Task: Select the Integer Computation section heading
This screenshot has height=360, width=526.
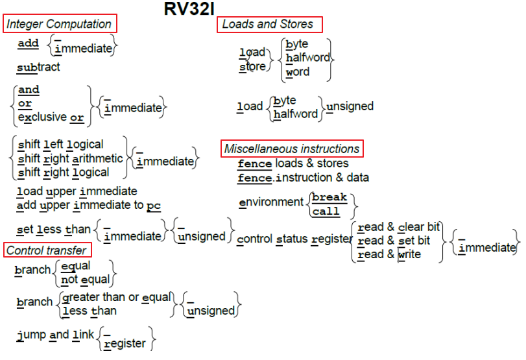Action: tap(59, 24)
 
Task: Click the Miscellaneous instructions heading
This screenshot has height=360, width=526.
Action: tap(291, 149)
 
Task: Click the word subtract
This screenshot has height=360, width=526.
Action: tap(38, 67)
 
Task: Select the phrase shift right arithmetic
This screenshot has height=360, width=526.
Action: tap(70, 158)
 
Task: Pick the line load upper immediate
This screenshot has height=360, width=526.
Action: tap(77, 191)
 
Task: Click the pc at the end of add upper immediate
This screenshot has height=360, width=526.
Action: tap(153, 206)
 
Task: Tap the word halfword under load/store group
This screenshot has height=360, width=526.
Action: tap(307, 58)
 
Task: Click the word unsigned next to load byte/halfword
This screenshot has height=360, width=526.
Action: tap(350, 106)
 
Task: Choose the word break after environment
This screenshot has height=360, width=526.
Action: tap(329, 197)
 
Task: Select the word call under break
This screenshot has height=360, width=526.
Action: tap(326, 211)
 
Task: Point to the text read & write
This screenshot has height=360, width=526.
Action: tap(389, 254)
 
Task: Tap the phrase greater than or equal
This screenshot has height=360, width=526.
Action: tap(116, 297)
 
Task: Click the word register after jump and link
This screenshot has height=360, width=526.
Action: tap(125, 343)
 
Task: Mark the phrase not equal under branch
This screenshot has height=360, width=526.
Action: tap(85, 280)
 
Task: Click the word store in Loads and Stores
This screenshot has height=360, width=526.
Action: tap(252, 66)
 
